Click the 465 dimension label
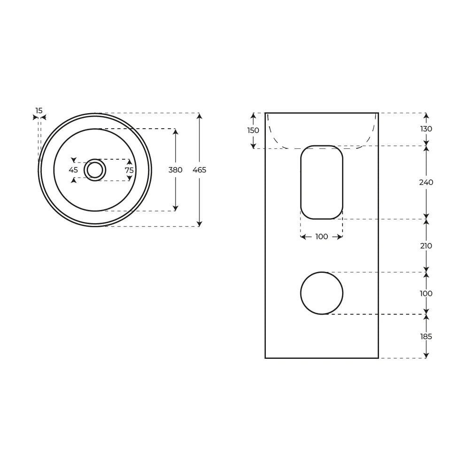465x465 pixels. pos(199,170)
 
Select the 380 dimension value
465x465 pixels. pos(175,170)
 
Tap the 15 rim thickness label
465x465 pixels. pos(39,111)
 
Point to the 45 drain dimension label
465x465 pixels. pos(73,170)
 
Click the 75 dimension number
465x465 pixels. pos(129,170)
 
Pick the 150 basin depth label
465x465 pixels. pos(253,131)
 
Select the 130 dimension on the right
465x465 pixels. pos(426,129)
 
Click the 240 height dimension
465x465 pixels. pos(426,182)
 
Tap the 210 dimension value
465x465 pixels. pos(426,246)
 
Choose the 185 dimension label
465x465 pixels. pos(426,337)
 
